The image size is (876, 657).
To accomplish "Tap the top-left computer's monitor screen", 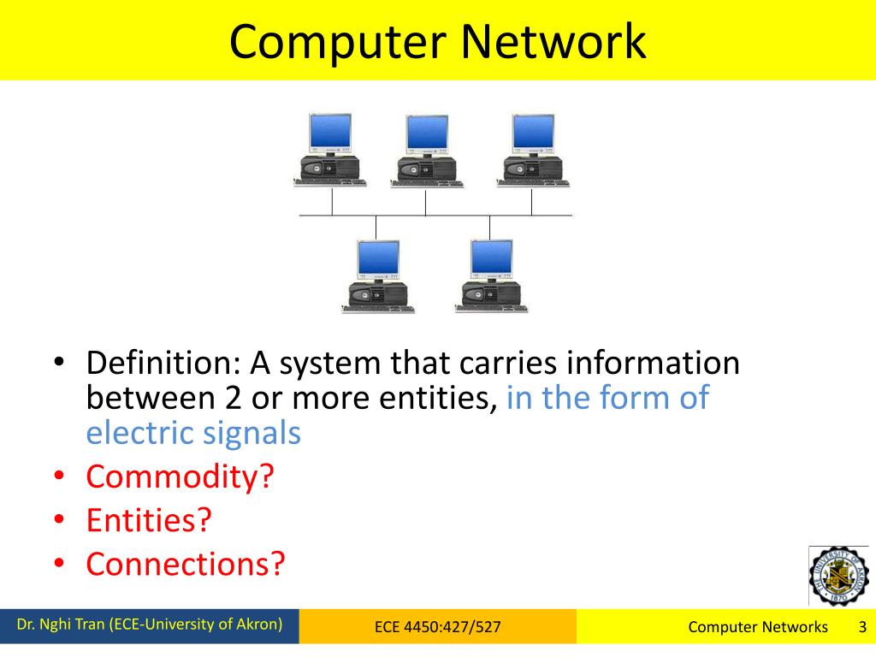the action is click(x=329, y=133).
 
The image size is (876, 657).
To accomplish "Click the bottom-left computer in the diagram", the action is click(x=377, y=275).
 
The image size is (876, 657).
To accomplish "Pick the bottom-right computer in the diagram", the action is click(x=490, y=275).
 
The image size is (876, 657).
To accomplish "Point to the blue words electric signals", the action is click(x=193, y=433).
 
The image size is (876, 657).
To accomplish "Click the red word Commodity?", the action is click(x=180, y=476).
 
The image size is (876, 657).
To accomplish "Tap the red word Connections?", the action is click(x=185, y=563).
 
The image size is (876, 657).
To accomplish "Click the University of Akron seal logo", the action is click(x=838, y=575).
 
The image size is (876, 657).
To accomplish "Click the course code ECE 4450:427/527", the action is click(x=437, y=627).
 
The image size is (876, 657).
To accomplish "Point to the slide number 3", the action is click(x=862, y=626).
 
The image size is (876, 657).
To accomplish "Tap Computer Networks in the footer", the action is click(x=758, y=627).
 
